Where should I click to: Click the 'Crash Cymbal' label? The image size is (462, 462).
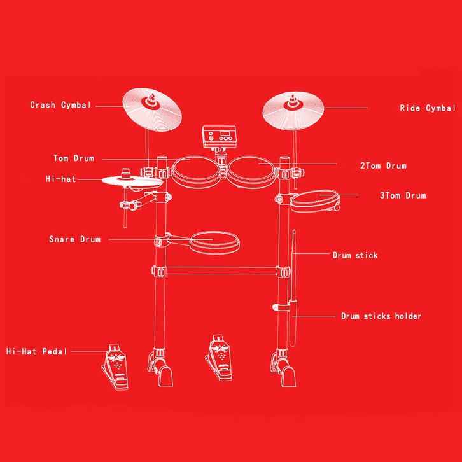point(60,105)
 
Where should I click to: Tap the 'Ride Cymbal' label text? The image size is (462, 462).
point(428,108)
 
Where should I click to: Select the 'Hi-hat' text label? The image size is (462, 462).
point(60,179)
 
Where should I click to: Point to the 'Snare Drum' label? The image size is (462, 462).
point(74,240)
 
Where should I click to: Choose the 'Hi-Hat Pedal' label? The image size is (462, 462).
point(36,351)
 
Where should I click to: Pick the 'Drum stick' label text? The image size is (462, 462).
point(355,255)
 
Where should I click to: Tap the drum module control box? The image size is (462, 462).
point(218,137)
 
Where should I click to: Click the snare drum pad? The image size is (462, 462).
point(214,241)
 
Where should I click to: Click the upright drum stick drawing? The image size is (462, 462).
point(294,280)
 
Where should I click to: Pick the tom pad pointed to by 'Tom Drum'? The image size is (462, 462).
point(195,170)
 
